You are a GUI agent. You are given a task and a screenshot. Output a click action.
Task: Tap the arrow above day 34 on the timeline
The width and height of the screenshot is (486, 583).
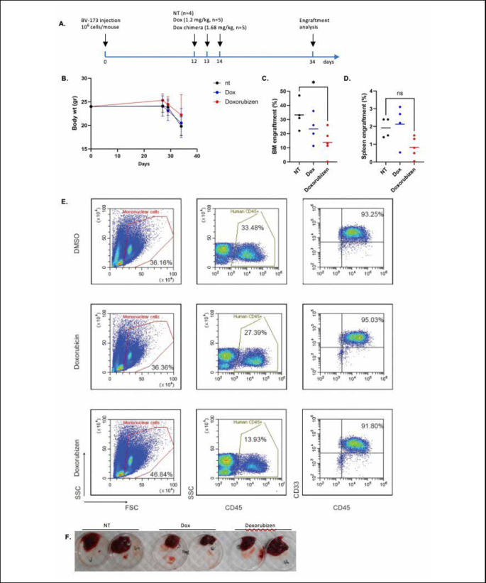click(313, 43)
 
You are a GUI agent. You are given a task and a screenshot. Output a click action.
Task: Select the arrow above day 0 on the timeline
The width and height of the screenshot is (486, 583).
click(105, 43)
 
